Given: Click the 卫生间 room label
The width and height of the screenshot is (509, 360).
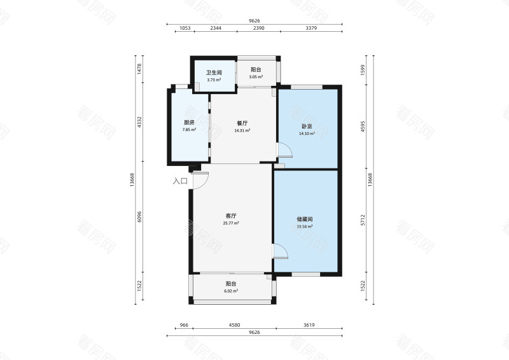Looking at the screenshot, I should click(x=213, y=73).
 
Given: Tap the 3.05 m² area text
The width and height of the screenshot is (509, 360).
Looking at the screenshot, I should click(x=256, y=77).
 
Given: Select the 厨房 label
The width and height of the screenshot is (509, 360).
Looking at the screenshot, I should click(x=189, y=123).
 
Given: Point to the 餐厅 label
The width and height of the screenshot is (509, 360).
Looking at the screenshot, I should click(x=242, y=123).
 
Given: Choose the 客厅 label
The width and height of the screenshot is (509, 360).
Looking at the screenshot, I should click(x=231, y=216).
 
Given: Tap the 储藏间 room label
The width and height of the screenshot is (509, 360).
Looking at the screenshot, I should click(x=304, y=219).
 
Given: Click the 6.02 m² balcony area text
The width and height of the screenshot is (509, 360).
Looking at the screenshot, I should click(x=231, y=291).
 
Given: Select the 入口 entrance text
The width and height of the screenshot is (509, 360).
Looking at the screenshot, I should click(x=180, y=181).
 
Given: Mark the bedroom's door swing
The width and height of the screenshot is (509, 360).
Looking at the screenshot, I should click(x=284, y=151).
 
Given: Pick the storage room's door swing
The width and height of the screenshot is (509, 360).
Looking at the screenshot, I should click(x=282, y=251).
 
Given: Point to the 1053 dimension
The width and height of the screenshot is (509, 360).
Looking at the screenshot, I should click(x=185, y=29).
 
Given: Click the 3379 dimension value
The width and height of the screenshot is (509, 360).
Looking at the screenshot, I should click(x=312, y=29).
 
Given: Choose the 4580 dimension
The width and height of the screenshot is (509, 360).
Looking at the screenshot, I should click(x=234, y=325).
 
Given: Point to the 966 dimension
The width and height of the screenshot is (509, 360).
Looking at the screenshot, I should click(x=184, y=325).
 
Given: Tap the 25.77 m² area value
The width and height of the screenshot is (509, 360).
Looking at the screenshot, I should click(x=231, y=223).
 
